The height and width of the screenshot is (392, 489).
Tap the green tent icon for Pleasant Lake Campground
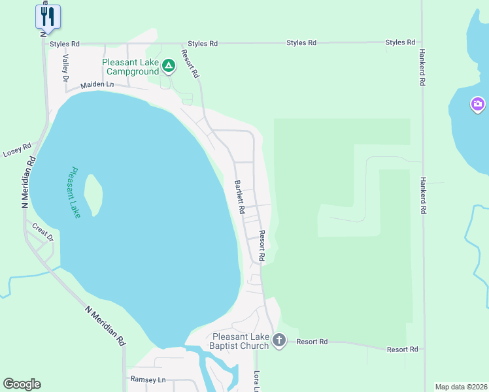pyautogui.click(x=169, y=65)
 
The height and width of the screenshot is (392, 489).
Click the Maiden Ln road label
pyautogui.click(x=97, y=85)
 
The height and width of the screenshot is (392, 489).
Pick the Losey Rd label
pyautogui.click(x=17, y=151)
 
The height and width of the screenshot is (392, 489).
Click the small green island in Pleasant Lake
pyautogui.click(x=94, y=194)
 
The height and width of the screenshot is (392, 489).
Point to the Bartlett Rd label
pyautogui.click(x=239, y=197)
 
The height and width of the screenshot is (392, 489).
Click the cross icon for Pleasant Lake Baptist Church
pyautogui.click(x=279, y=340)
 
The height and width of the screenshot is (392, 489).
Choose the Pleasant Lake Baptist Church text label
pyautogui.click(x=239, y=341)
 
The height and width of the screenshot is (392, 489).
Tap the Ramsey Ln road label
pyautogui.click(x=148, y=380)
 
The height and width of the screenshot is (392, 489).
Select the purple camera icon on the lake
pyautogui.click(x=478, y=104)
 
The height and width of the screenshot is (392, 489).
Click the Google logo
pyautogui.click(x=22, y=384)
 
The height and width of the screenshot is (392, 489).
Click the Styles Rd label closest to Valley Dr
pyautogui.click(x=65, y=44)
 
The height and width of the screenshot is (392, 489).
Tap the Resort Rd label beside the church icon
pyautogui.click(x=312, y=342)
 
